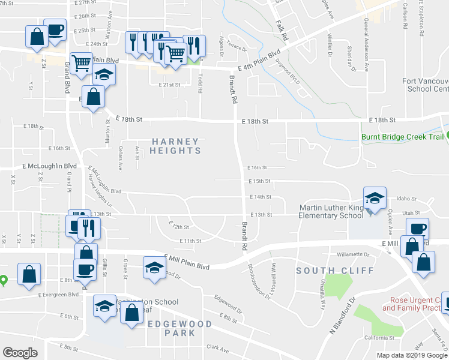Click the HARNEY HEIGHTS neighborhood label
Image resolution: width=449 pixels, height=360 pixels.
[175, 146]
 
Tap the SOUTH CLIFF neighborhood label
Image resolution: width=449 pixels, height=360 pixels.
[322, 271]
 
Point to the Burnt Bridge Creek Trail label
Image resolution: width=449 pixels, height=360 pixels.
[402, 137]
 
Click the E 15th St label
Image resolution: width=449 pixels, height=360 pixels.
[259, 181]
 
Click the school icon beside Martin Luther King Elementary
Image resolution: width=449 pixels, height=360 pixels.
[373, 199]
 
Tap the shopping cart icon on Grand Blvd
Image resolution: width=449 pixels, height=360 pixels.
[81, 62]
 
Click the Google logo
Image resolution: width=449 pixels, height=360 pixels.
[20, 353]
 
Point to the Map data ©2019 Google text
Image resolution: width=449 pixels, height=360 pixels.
[411, 355]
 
